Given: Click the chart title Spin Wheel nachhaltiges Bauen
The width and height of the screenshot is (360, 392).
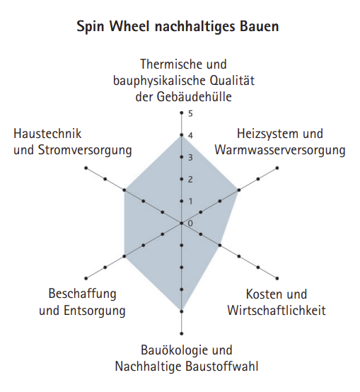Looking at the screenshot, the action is (178, 27).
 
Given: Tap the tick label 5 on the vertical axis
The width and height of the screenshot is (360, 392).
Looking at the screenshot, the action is (191, 114).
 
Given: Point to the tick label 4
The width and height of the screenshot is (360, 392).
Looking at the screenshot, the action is (191, 136).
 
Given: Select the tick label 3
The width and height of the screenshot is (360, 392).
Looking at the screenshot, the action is (191, 158).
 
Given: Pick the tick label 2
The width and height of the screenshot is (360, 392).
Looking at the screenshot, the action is (191, 179).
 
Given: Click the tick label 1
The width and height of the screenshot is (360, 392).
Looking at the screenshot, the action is (191, 201).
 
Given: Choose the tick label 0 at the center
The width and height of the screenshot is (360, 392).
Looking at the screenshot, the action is (190, 223).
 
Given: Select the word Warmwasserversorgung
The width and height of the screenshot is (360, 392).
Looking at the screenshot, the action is (280, 150).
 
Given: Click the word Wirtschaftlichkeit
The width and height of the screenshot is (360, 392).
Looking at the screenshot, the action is (277, 310).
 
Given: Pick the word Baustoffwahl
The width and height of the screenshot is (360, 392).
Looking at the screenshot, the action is (222, 367).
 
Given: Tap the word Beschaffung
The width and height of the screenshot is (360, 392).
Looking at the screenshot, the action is (82, 294).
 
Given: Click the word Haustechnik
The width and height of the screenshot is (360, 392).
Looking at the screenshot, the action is (47, 134).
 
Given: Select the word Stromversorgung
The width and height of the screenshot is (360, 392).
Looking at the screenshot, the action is (85, 151).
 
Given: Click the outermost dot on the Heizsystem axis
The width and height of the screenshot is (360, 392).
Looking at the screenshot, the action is (277, 168).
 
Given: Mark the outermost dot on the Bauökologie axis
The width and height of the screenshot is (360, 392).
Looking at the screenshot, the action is (182, 333).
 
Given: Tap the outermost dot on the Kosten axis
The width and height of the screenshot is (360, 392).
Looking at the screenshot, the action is (277, 278).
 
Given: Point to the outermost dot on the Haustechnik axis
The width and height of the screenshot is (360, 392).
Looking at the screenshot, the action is (86, 168).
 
